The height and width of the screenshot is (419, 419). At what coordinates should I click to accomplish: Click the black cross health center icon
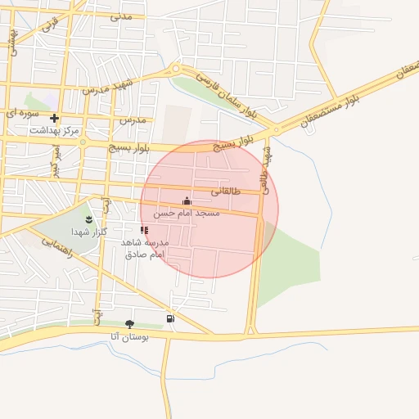click(x=54, y=119)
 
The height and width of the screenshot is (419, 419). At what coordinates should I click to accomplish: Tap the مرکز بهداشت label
click(x=54, y=131)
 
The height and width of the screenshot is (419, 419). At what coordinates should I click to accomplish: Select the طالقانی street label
click(x=227, y=191)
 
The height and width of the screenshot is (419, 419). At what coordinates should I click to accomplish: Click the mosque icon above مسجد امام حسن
click(x=187, y=200)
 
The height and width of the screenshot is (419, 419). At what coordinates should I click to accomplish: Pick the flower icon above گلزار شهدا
click(x=89, y=219)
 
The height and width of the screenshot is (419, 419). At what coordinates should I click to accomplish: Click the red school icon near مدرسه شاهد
click(x=144, y=231)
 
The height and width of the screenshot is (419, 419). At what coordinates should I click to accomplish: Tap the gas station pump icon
click(x=169, y=318)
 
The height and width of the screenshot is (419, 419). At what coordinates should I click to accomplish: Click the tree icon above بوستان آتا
click(x=129, y=324)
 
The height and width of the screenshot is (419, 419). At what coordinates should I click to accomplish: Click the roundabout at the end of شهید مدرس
click(x=175, y=69)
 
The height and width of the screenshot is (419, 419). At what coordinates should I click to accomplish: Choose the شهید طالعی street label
click(x=264, y=168)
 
